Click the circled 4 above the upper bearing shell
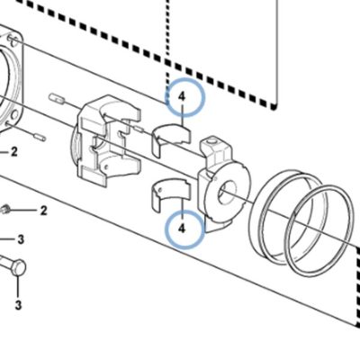click(x=182, y=97)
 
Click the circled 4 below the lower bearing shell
click(x=182, y=229)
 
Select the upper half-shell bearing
click(x=171, y=139)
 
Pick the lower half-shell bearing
click(x=170, y=195)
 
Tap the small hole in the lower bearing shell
click(x=161, y=190)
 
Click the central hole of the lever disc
click(x=227, y=193)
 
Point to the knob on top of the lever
click(x=212, y=140)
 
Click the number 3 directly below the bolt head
click(x=18, y=305)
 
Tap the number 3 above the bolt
click(x=20, y=239)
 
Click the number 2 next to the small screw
click(x=44, y=211)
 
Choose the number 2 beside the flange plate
click(x=13, y=152)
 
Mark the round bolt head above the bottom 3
click(x=19, y=266)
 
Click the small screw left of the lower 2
click(x=6, y=210)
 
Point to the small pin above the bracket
click(x=57, y=99)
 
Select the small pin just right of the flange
click(x=39, y=137)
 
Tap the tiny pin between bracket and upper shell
click(x=139, y=129)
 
